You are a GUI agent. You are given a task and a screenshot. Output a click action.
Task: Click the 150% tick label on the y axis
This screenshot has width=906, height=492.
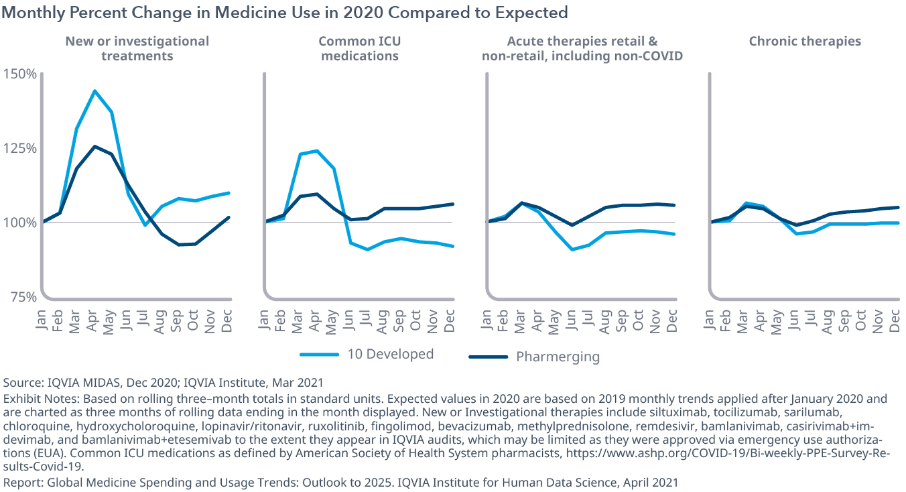click(20, 73)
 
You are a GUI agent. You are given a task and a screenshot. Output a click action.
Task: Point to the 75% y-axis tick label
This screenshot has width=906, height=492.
click(23, 297)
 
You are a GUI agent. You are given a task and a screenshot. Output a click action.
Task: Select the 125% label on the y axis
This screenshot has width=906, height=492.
click(20, 147)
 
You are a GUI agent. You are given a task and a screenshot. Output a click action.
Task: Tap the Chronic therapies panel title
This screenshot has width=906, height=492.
click(805, 42)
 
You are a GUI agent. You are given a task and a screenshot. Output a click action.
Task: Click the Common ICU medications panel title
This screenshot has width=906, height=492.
click(360, 48)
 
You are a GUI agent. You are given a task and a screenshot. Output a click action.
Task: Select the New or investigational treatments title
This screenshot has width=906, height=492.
click(137, 48)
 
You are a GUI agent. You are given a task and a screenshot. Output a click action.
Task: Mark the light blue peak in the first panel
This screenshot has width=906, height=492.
click(94, 90)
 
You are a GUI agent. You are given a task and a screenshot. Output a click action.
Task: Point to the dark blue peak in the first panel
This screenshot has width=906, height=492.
click(94, 146)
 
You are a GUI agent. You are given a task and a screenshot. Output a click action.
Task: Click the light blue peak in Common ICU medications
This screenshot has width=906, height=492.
click(316, 151)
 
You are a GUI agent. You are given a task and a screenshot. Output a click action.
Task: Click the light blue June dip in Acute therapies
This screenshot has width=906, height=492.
click(571, 249)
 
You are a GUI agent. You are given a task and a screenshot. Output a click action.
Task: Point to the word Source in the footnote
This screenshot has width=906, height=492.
click(21, 383)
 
